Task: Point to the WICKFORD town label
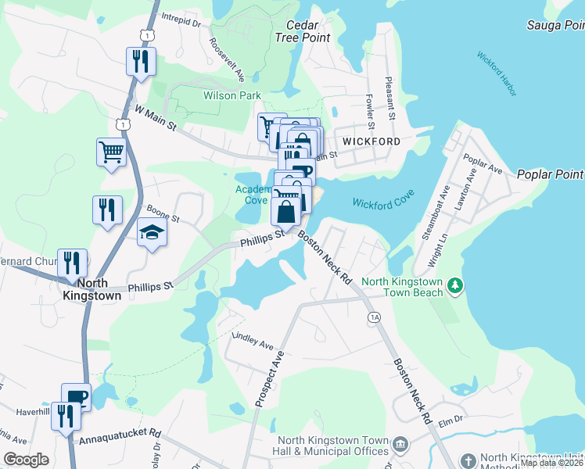(371, 141)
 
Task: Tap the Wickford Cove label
(382, 203)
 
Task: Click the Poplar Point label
(550, 174)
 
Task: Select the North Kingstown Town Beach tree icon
(455, 287)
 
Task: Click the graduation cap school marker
(152, 232)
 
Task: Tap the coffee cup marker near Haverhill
(77, 396)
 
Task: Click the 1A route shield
(374, 317)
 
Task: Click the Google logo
(27, 459)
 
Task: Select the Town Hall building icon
(400, 445)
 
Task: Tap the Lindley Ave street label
(253, 342)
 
